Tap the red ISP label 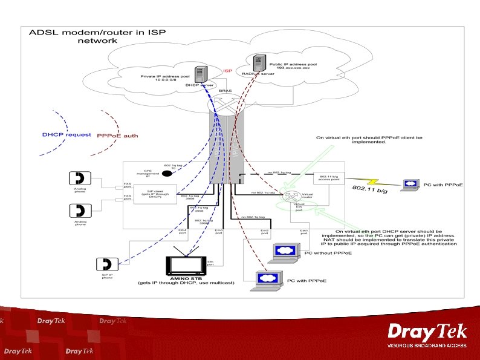click(228, 71)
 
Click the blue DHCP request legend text click(66, 135)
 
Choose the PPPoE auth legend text click(117, 136)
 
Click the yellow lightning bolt click(370, 180)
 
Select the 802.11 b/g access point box click(328, 177)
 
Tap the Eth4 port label click(182, 232)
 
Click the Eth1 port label click(305, 232)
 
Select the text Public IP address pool click(290, 63)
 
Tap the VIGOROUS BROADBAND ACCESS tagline click(427, 345)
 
